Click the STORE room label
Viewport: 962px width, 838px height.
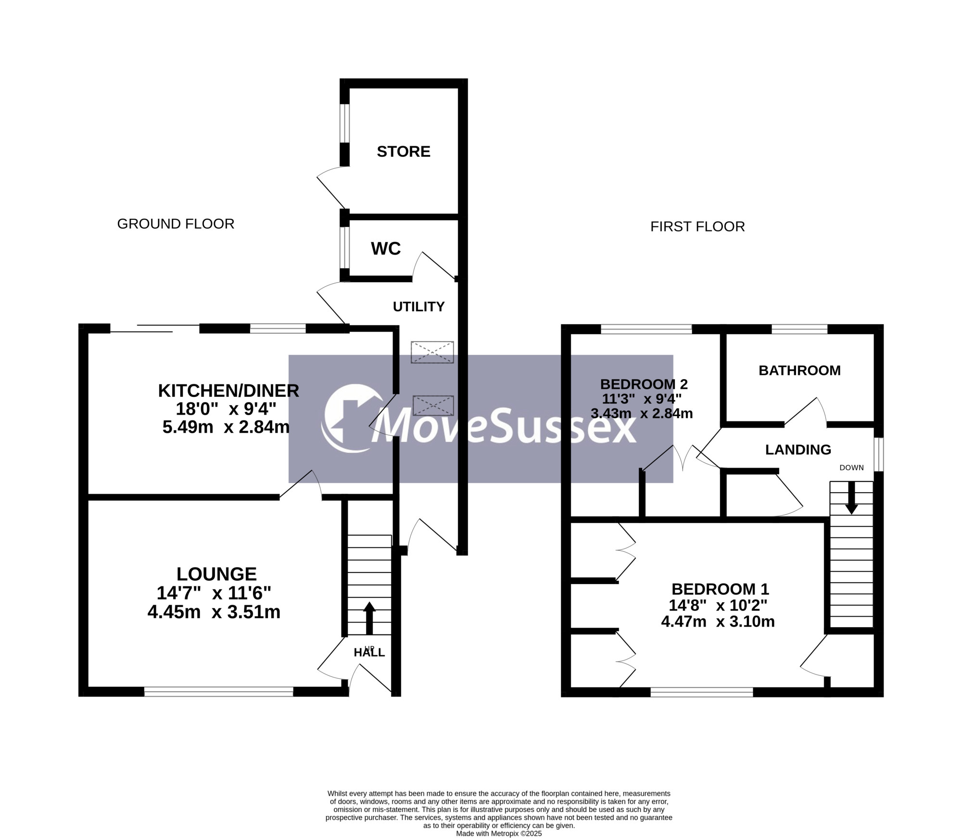coord(403,152)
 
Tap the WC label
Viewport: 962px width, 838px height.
coord(386,249)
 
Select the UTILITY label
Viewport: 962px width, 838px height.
coord(418,307)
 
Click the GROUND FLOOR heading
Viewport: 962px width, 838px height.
coord(176,224)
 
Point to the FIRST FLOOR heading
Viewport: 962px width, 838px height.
coord(697,227)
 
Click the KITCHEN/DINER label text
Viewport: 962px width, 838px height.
coord(228,391)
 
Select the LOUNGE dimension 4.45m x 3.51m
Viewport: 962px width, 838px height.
coord(214,612)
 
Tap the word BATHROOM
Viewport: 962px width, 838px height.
coord(799,370)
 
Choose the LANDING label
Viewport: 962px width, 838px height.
coord(798,450)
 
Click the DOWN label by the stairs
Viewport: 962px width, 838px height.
coord(851,468)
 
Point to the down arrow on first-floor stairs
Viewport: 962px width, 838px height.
coord(851,498)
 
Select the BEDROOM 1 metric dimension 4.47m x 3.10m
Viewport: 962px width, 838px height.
coord(718,622)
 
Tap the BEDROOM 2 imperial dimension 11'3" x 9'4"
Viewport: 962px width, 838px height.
coord(642,399)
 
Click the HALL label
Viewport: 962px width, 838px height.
coord(369,653)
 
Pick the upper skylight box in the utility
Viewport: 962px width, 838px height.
coord(432,352)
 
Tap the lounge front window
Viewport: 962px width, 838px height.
coord(219,692)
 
